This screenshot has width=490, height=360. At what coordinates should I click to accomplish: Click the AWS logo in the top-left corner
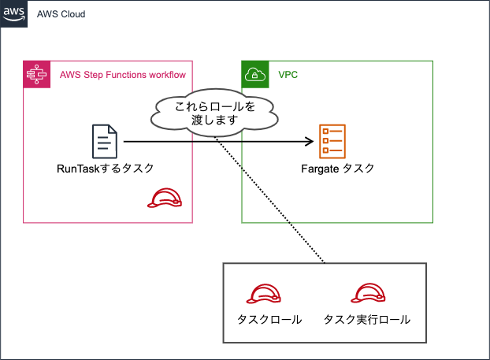(x=14, y=14)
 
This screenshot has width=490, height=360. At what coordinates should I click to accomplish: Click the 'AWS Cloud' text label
(x=61, y=15)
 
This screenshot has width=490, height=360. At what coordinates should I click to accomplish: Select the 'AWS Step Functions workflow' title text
(x=123, y=76)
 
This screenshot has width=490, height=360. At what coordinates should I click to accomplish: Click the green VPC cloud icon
(x=255, y=75)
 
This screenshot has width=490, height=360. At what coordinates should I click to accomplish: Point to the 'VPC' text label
(x=288, y=76)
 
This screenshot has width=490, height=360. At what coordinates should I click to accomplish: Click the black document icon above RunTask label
(x=105, y=142)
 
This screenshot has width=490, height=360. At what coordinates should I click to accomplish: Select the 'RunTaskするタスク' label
(x=105, y=169)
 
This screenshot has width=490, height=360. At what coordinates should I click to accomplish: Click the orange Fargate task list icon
(x=332, y=142)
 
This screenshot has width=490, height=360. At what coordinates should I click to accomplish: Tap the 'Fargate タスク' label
(x=337, y=169)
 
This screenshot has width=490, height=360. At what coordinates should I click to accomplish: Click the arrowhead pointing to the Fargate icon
(x=310, y=142)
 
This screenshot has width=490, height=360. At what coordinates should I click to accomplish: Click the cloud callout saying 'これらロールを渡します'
(x=215, y=113)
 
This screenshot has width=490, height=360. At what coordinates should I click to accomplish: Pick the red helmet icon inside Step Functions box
(x=165, y=199)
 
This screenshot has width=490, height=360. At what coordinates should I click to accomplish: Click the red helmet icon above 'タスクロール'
(x=264, y=294)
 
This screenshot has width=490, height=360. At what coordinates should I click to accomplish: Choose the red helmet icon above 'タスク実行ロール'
(x=367, y=294)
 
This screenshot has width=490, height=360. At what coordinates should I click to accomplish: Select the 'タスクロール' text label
(x=269, y=321)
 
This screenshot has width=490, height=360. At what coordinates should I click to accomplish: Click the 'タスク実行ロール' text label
(x=367, y=321)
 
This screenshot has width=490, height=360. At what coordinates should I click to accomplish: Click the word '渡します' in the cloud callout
(x=215, y=121)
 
